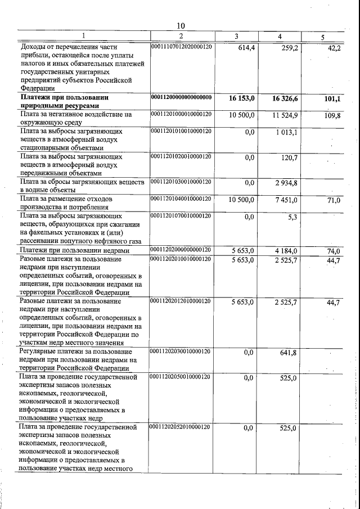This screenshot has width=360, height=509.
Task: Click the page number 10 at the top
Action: point(181,25)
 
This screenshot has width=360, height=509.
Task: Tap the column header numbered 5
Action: point(322,37)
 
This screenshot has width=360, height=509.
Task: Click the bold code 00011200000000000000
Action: point(181,97)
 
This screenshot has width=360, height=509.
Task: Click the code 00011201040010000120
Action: point(181,199)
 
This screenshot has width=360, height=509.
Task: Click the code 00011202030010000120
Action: point(181,350)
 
